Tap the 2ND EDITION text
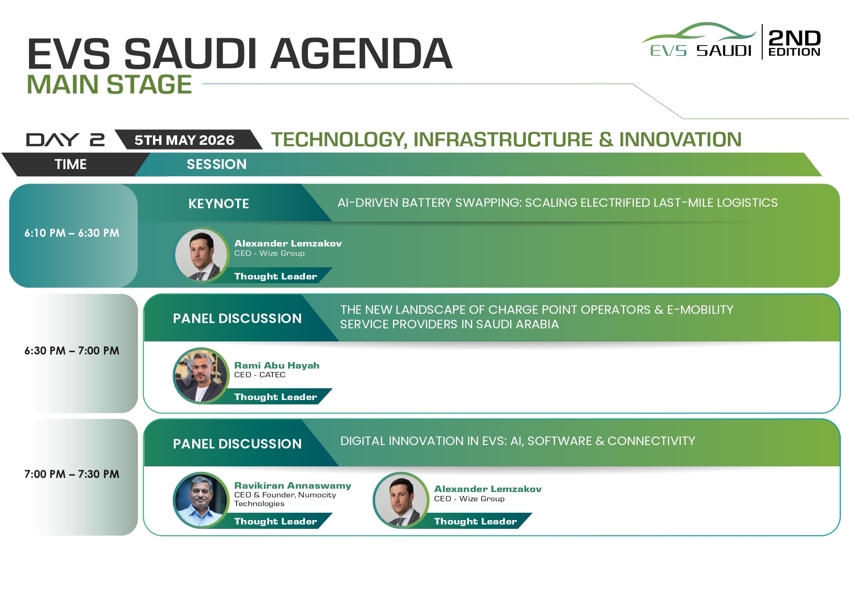[794, 43]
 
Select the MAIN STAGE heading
[109, 84]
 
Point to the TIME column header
[71, 164]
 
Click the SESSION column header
[216, 164]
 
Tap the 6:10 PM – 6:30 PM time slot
[72, 233]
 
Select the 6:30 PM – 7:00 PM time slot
[72, 351]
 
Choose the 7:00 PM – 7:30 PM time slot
[72, 474]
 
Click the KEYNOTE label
[219, 204]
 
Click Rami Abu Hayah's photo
[201, 376]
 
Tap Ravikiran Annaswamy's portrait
[201, 500]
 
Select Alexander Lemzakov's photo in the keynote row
[201, 255]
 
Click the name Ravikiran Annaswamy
[293, 486]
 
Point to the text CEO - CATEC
[260, 375]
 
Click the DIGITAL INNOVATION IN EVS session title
[517, 441]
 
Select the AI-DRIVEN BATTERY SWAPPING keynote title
[558, 203]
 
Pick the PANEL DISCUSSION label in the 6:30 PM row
[237, 319]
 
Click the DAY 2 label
[65, 140]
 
